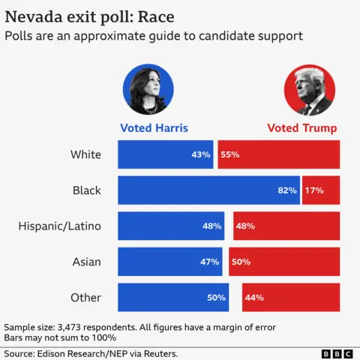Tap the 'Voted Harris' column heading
[x=154, y=127]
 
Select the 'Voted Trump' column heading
[x=301, y=127]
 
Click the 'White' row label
[x=85, y=154]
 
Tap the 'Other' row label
[x=85, y=298]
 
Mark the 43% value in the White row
[x=200, y=154]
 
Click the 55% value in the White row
[x=229, y=154]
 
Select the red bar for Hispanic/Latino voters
[x=286, y=226]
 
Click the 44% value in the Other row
[x=253, y=298]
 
